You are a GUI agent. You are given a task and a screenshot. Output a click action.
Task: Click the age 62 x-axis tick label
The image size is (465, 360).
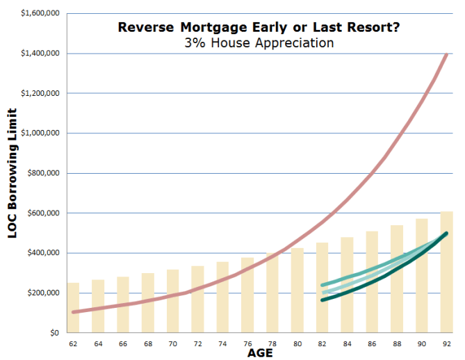[x=72, y=343]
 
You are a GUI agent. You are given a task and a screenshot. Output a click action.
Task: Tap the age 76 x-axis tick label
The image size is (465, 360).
[x=247, y=343]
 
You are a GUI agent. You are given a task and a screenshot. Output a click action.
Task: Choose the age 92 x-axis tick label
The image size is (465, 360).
[x=446, y=343]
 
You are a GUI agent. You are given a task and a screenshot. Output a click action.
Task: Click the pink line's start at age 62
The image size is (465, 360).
[x=73, y=312]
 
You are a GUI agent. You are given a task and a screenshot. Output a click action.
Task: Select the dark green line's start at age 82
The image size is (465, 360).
[x=323, y=300]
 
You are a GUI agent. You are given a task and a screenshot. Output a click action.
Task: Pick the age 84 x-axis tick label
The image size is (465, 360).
[x=346, y=343]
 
